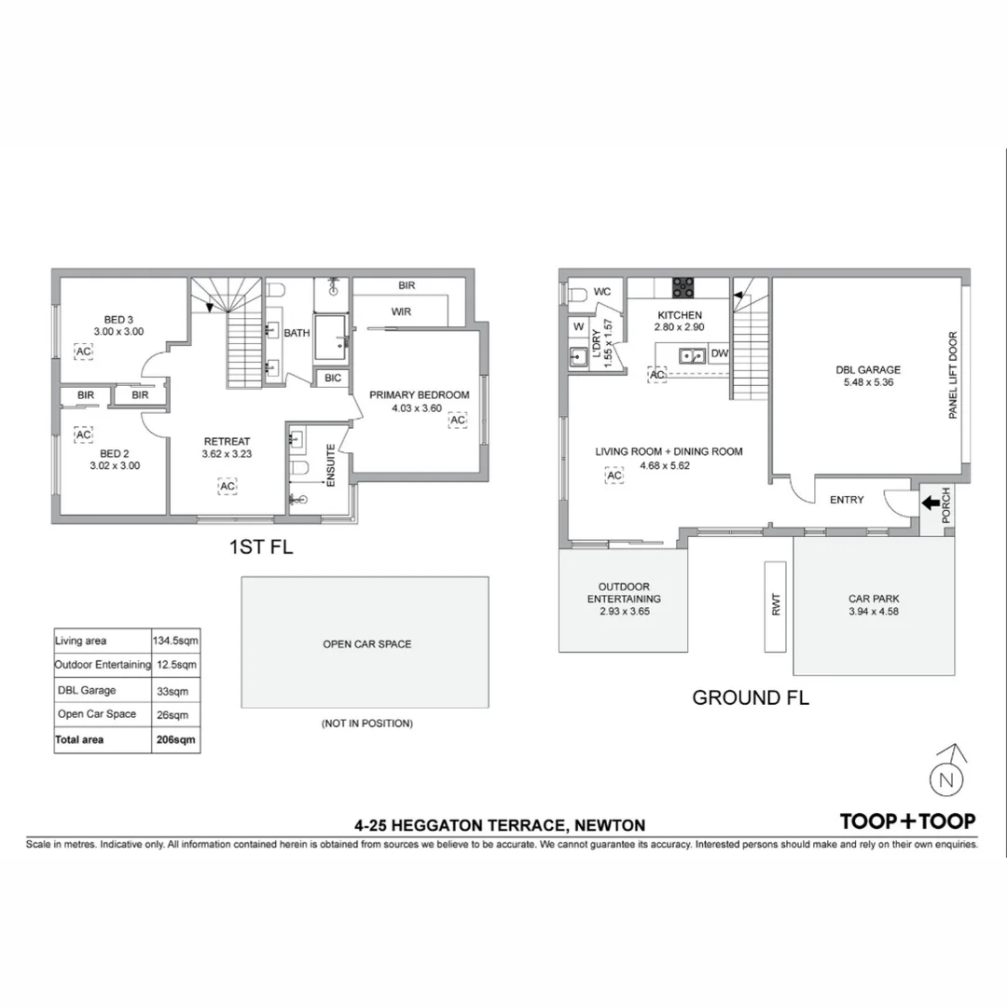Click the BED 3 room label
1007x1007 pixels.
point(118,319)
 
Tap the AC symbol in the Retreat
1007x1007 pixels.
point(227,485)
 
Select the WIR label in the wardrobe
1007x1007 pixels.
point(401,311)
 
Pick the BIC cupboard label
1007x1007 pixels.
point(333,378)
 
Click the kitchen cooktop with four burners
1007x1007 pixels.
point(684,286)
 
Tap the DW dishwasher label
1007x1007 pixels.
point(719,354)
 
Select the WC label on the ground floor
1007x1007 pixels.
point(602,292)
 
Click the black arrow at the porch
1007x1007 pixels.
point(931,504)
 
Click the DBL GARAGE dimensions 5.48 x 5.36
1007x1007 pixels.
point(867,381)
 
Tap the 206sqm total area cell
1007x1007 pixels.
point(175,739)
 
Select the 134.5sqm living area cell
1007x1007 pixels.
point(175,641)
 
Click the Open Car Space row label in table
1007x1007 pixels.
point(96,714)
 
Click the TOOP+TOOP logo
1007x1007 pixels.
point(907,821)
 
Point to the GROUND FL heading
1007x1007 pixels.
point(751,697)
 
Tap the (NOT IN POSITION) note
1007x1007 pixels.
point(366,723)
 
